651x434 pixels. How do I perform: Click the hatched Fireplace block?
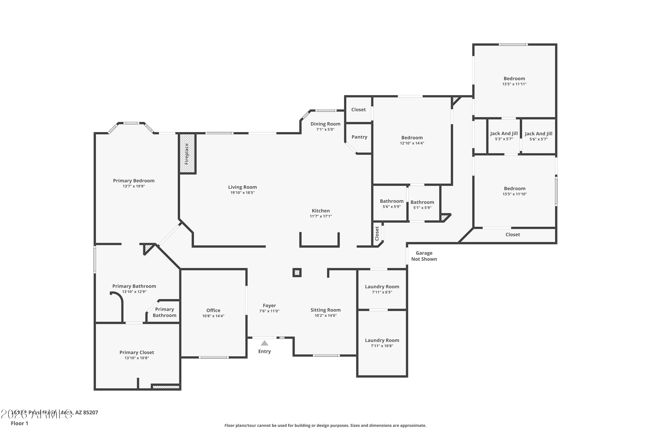187,154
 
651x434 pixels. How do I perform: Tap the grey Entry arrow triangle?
265,343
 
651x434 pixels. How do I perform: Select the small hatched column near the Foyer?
297,273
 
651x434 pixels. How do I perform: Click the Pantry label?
359,137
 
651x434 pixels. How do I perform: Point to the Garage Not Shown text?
424,256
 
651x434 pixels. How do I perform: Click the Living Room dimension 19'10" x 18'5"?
242,193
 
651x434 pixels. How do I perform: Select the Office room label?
213,311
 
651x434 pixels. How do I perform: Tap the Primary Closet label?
137,352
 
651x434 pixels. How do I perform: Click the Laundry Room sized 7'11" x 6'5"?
382,287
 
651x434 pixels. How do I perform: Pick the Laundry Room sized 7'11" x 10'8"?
382,340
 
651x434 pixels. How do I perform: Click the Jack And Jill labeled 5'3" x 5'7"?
504,133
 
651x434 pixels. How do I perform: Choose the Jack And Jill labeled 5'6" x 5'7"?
538,134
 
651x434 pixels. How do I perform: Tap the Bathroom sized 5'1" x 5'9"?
422,202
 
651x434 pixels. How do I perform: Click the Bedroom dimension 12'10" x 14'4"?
412,143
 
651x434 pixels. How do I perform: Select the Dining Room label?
325,124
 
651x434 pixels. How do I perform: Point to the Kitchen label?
321,211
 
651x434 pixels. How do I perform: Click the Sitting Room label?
325,310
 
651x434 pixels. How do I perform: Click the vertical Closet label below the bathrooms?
377,233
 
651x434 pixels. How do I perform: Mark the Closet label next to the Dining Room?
358,110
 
